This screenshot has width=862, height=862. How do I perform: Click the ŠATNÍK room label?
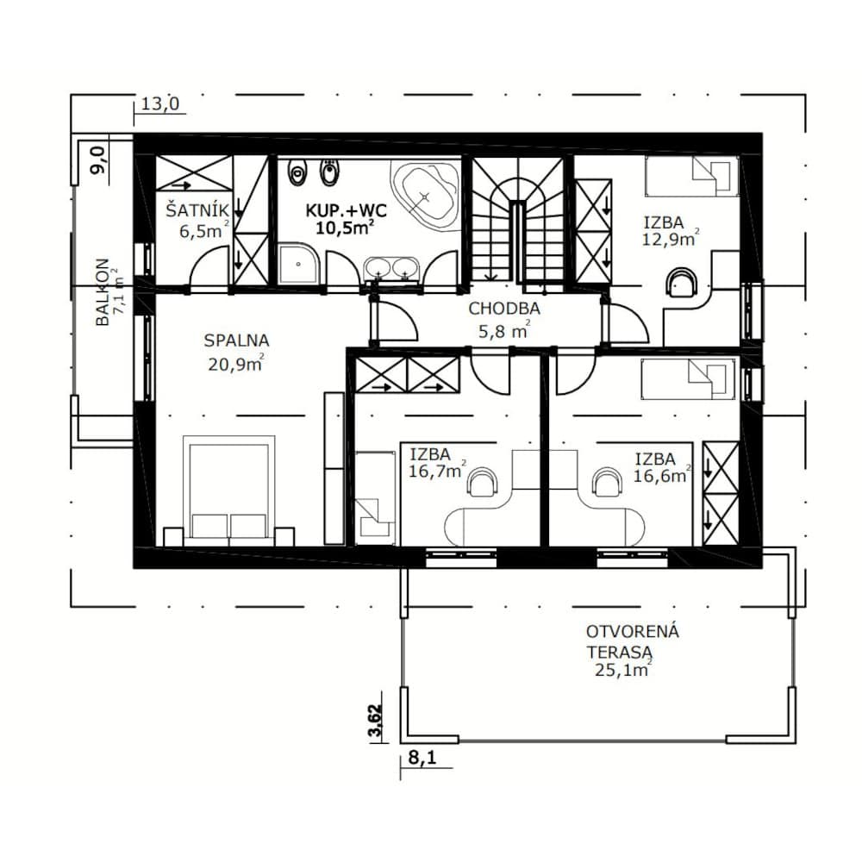197,210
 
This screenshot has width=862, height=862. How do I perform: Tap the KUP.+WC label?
346,210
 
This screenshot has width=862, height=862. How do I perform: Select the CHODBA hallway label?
504,309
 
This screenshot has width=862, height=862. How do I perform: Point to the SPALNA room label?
236,340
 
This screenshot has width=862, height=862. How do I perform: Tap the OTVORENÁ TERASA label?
632,641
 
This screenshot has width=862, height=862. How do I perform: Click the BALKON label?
103,292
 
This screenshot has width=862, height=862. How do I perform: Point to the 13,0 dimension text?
160,104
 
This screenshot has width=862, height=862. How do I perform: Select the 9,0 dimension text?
99,159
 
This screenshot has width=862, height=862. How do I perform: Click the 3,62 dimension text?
376,721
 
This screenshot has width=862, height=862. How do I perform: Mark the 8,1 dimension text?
422,758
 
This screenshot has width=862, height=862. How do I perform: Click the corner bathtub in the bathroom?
425,196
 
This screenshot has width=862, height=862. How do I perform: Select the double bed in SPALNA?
228,490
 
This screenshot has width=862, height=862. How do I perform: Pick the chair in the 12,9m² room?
682,283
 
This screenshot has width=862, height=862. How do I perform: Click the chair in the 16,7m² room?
483,482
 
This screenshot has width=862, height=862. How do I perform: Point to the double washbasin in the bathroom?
391,269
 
